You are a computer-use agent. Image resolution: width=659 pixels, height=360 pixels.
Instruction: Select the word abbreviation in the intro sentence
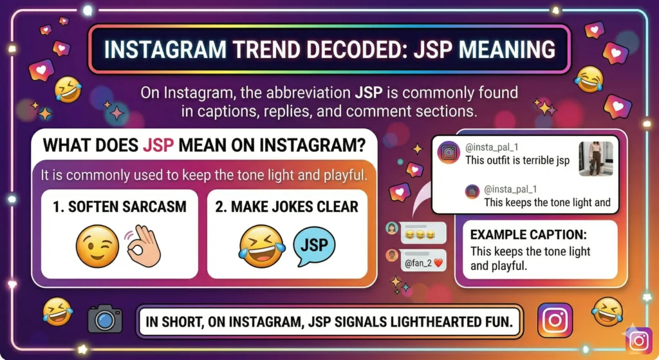[x=313, y=93]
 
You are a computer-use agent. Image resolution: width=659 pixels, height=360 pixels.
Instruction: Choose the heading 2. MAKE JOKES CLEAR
[x=287, y=207]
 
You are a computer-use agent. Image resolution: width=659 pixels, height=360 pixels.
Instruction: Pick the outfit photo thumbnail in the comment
[x=596, y=158]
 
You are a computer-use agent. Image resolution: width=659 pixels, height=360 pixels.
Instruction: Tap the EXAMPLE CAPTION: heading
[x=528, y=235]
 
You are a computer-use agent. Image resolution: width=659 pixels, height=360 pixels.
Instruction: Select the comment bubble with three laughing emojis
[x=423, y=231]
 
